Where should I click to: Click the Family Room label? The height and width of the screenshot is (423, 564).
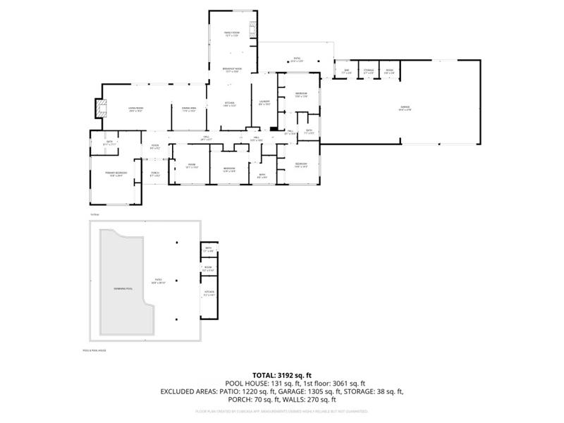coord(232,34)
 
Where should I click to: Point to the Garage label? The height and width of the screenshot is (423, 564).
coord(404,108)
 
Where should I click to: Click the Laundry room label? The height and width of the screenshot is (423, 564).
coord(264,103)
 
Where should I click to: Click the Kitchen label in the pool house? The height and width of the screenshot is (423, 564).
coord(209,293)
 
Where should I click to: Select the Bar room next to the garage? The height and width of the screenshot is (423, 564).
coord(346,71)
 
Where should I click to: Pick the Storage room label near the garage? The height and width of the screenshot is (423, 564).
coord(368,71)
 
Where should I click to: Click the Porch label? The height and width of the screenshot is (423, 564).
coord(155,174)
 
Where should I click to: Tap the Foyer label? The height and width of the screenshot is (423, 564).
coord(155,147)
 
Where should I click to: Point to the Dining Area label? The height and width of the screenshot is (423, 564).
coord(189,109)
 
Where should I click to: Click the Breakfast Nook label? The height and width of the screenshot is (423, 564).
coord(232,70)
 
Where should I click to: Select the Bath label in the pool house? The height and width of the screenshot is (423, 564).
coord(209,249)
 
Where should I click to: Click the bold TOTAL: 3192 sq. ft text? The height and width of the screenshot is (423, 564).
coord(282,374)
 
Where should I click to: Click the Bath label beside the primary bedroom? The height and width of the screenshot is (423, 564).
coord(109,143)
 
